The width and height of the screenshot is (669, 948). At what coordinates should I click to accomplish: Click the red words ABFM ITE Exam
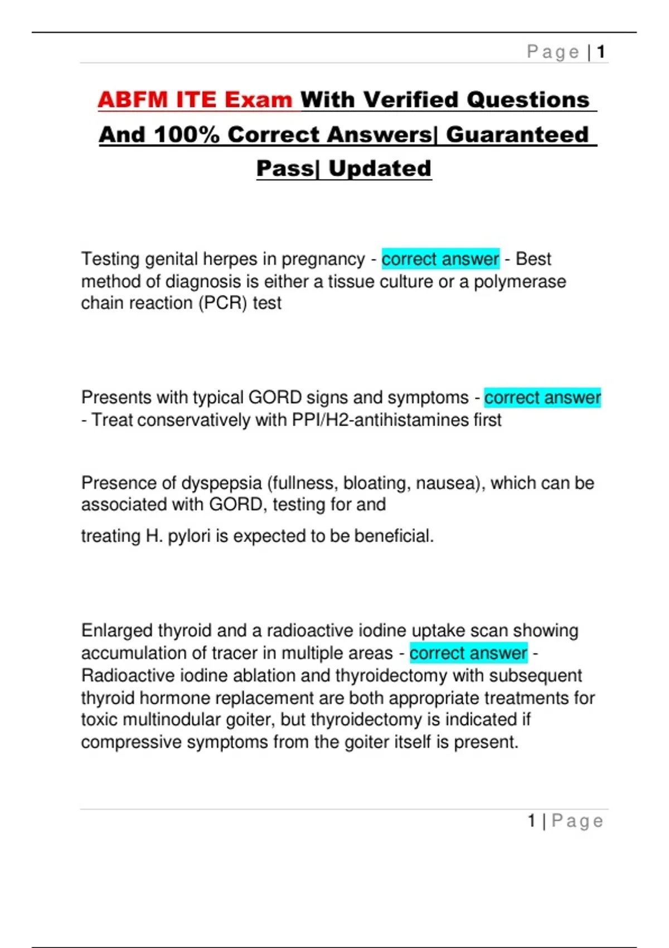[x=195, y=100]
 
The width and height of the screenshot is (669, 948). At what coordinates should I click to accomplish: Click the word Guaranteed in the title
[x=517, y=135]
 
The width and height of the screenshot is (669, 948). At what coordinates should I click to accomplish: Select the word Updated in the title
[x=380, y=169]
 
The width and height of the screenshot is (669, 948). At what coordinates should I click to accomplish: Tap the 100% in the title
[x=186, y=135]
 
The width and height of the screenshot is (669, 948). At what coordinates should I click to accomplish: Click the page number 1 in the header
[x=601, y=52]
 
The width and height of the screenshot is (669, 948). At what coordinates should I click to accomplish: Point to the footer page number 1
[x=532, y=821]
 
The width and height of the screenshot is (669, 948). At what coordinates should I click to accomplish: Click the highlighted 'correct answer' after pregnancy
[x=440, y=259]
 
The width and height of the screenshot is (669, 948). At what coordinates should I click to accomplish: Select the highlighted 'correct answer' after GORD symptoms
[x=542, y=398]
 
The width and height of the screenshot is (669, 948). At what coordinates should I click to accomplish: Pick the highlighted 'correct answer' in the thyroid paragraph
[x=468, y=653]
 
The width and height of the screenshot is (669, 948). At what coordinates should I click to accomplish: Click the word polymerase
[x=520, y=282]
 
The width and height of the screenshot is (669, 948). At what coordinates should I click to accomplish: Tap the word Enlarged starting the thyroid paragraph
[x=117, y=631]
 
